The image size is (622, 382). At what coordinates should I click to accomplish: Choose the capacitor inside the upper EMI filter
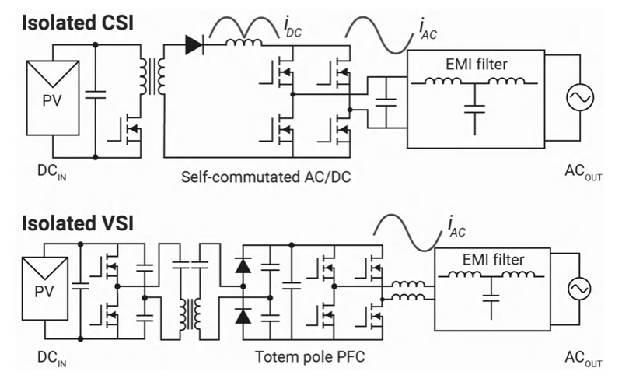[x=473, y=106]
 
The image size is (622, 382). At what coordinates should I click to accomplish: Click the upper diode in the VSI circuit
[x=243, y=265]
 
